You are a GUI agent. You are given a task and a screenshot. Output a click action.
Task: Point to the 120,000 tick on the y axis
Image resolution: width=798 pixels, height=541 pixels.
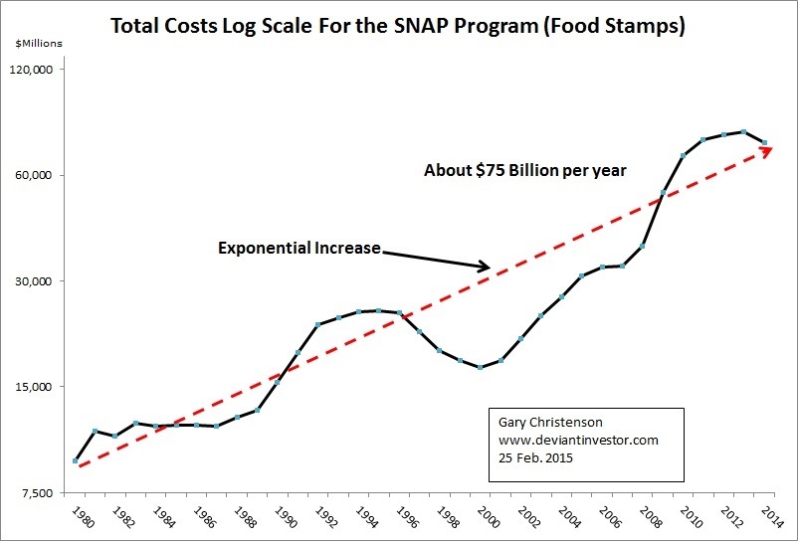pyautogui.click(x=36, y=70)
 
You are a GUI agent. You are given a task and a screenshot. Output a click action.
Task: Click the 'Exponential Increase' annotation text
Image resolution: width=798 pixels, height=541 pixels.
pyautogui.click(x=299, y=248)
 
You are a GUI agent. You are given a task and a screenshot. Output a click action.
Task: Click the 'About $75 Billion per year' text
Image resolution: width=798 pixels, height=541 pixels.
pyautogui.click(x=525, y=170)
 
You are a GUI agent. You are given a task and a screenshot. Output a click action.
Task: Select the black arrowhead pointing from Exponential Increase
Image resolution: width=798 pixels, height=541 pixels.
pyautogui.click(x=485, y=266)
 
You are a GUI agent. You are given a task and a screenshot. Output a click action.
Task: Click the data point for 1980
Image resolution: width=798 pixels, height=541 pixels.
pyautogui.click(x=76, y=460)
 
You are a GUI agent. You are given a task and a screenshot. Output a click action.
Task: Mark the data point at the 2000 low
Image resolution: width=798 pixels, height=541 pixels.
pyautogui.click(x=481, y=367)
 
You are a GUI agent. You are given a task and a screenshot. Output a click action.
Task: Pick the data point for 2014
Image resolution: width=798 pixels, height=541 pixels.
pyautogui.click(x=764, y=142)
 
